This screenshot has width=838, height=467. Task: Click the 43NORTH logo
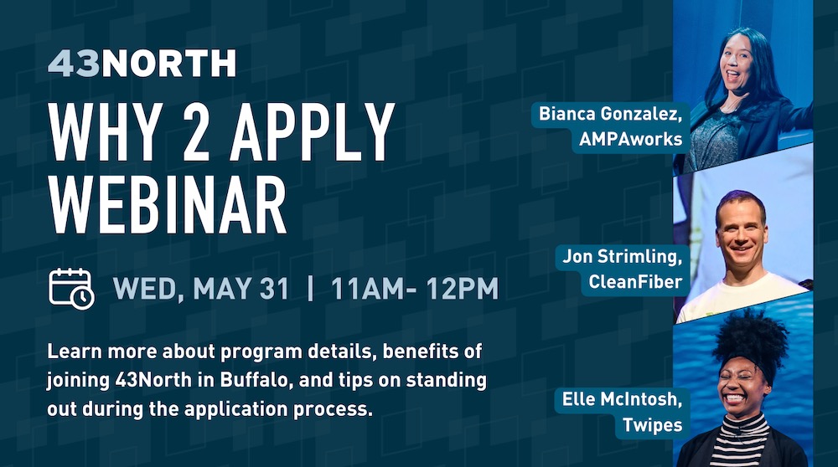tap(142, 63)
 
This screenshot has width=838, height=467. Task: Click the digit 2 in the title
tap(195, 132)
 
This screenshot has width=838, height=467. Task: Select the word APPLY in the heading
tap(312, 132)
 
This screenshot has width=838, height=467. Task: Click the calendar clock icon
tap(71, 289)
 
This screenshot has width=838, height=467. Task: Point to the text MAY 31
tap(241, 289)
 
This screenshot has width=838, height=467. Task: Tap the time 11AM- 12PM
tap(415, 289)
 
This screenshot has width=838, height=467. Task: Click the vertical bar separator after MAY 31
tap(310, 289)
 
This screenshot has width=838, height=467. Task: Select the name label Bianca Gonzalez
tap(610, 114)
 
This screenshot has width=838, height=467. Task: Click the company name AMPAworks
tap(631, 139)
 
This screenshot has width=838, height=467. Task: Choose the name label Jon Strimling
tap(623, 257)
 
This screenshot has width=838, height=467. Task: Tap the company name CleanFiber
tap(635, 282)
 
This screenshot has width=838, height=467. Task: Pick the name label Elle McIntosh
tap(622, 399)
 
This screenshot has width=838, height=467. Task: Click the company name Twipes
tap(653, 425)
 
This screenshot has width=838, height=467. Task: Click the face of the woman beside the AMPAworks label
tap(737, 65)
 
